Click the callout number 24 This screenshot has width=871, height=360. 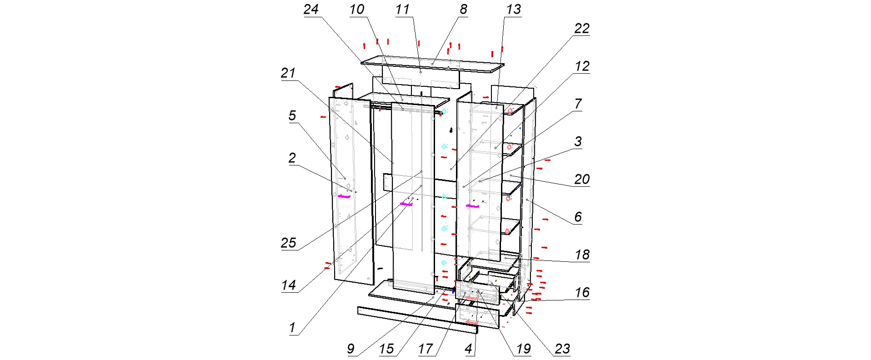click(311, 10)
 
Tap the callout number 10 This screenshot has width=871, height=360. click(357, 10)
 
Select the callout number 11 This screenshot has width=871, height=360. click(402, 10)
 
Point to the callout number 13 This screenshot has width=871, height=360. click(513, 10)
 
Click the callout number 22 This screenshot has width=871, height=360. click(582, 29)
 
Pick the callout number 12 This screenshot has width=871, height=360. click(582, 66)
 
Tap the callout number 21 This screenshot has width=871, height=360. click(288, 73)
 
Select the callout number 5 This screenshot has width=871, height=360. click(292, 116)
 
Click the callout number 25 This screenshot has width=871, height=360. click(288, 243)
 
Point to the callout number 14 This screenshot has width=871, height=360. click(288, 285)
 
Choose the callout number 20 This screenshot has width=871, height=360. click(582, 180)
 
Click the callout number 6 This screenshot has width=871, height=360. click(578, 217)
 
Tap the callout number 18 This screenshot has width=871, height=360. click(582, 255)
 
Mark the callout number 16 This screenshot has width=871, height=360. click(582, 293)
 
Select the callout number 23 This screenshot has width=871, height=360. click(562, 349)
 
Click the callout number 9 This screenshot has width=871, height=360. click(350, 349)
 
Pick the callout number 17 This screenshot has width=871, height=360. click(425, 349)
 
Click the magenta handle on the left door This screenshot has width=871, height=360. click(344, 196)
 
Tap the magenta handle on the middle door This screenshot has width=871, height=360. click(406, 204)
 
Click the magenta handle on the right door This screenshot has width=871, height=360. click(472, 206)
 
